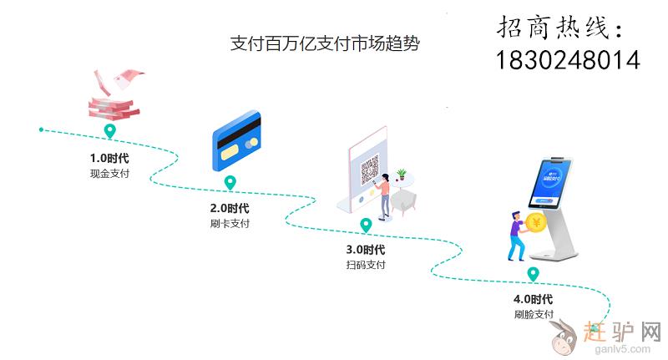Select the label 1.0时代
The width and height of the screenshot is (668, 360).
[x=109, y=157]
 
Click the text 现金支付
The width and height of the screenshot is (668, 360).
[x=109, y=174]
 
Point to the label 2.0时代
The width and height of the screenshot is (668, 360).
[x=230, y=208]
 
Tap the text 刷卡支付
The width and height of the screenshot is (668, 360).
[x=230, y=224]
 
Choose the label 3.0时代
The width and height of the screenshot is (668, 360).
[x=366, y=249]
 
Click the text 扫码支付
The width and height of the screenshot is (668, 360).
[x=366, y=265]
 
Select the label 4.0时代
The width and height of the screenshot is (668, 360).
[x=534, y=299]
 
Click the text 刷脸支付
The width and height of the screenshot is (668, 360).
[x=534, y=315]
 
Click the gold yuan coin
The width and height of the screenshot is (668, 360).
[x=535, y=223]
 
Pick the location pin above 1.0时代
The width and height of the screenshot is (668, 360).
[x=109, y=132]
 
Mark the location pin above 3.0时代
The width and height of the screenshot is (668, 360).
[x=366, y=225]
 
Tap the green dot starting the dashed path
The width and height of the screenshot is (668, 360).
[x=40, y=129]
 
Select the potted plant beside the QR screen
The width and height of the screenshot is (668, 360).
[x=402, y=175]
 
